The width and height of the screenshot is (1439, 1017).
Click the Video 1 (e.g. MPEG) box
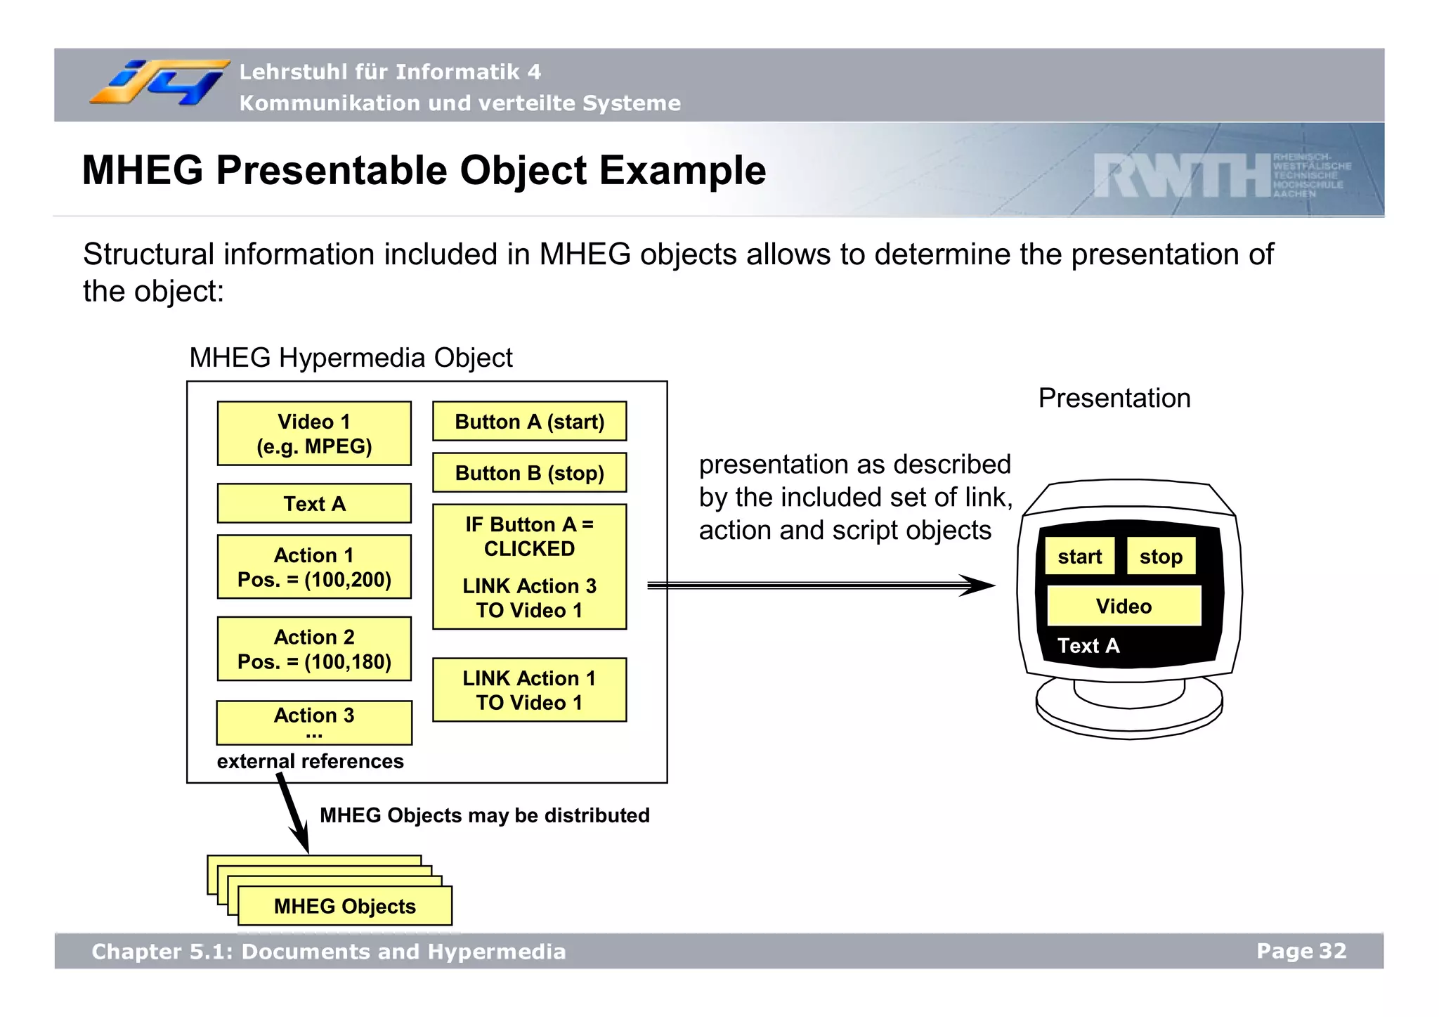click(314, 434)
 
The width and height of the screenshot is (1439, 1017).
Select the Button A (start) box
click(529, 422)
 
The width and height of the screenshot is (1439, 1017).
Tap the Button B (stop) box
click(529, 473)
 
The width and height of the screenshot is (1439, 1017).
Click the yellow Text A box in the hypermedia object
click(314, 503)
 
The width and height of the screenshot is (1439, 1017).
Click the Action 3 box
click(314, 723)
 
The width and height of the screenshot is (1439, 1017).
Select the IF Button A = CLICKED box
click(529, 566)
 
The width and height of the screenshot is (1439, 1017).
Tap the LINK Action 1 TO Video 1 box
click(529, 690)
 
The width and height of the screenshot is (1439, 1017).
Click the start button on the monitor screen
click(1079, 557)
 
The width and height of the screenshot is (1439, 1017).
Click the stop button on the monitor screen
click(1161, 557)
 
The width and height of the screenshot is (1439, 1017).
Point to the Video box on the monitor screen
click(1124, 606)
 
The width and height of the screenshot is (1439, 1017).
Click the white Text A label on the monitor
click(1088, 645)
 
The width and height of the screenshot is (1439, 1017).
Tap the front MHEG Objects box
click(344, 906)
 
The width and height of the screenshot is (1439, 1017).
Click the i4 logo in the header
click(159, 83)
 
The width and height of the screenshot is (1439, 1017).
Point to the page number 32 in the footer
click(1332, 951)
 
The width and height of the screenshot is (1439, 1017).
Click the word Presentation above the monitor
click(1114, 398)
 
